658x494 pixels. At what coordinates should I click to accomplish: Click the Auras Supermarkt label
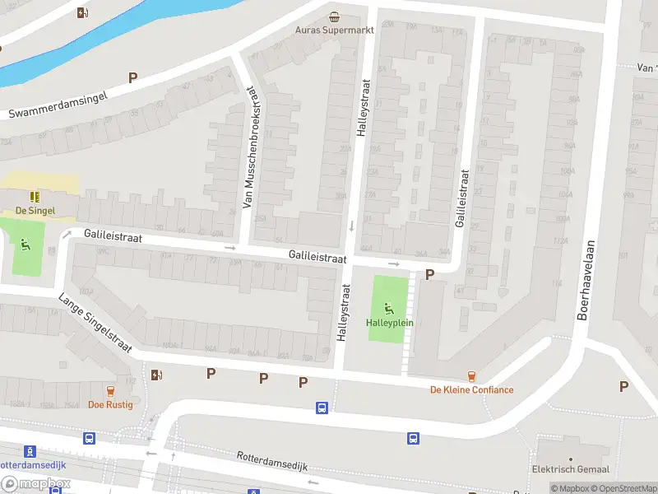tap(335, 30)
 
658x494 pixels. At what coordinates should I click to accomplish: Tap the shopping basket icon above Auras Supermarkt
tap(334, 16)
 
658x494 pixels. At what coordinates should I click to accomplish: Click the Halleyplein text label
tap(390, 322)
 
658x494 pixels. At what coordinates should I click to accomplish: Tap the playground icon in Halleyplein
tap(389, 309)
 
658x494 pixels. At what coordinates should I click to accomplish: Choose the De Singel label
tap(35, 210)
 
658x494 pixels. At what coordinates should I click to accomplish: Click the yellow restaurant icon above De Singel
tap(35, 197)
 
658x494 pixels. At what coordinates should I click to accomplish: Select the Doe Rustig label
tap(109, 404)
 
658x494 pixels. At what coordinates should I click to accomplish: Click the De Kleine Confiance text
tap(472, 390)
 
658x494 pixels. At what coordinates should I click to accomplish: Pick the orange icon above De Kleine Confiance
tap(471, 376)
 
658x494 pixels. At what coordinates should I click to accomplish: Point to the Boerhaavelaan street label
tap(588, 281)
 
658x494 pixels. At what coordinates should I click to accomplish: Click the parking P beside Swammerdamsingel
tap(132, 77)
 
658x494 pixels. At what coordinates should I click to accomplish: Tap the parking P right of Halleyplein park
tap(429, 274)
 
